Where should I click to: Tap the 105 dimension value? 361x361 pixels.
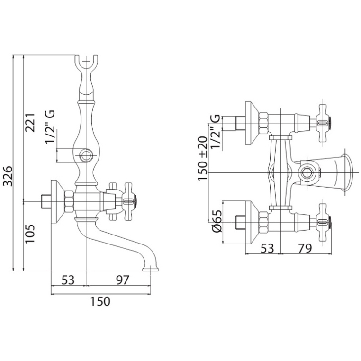coord(30,234)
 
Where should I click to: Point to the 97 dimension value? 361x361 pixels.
coord(122,280)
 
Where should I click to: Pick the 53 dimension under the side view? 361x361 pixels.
coord(68,280)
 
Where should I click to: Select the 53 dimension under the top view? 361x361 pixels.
coord(267,247)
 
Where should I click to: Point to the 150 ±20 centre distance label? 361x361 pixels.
coord(203,158)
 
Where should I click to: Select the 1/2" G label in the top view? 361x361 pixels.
coord(216,132)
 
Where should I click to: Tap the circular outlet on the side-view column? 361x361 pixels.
coord(86,155)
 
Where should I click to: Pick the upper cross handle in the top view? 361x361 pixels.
coord(322,122)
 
